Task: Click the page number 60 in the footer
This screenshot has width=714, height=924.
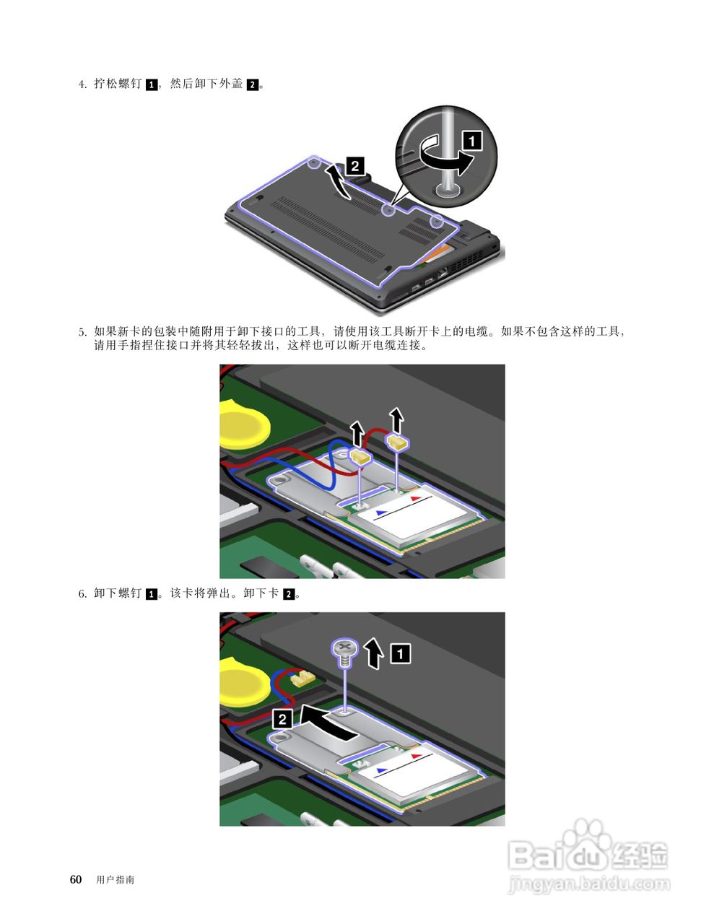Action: (x=76, y=879)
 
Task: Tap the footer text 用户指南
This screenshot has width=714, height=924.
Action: (x=116, y=880)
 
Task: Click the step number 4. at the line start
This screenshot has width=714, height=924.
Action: (x=82, y=84)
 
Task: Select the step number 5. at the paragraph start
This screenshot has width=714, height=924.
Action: (x=82, y=331)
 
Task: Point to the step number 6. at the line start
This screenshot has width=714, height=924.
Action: (x=82, y=593)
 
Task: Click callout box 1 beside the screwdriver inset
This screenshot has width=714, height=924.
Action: (x=472, y=141)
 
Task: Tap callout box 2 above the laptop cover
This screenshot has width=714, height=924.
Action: (x=355, y=166)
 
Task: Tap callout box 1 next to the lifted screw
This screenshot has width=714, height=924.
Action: (x=401, y=653)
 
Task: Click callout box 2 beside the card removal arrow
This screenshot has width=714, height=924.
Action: (x=282, y=719)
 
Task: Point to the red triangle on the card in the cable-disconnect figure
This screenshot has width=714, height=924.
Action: (x=416, y=498)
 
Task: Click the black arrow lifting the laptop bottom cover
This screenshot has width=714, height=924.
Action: (x=340, y=182)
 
